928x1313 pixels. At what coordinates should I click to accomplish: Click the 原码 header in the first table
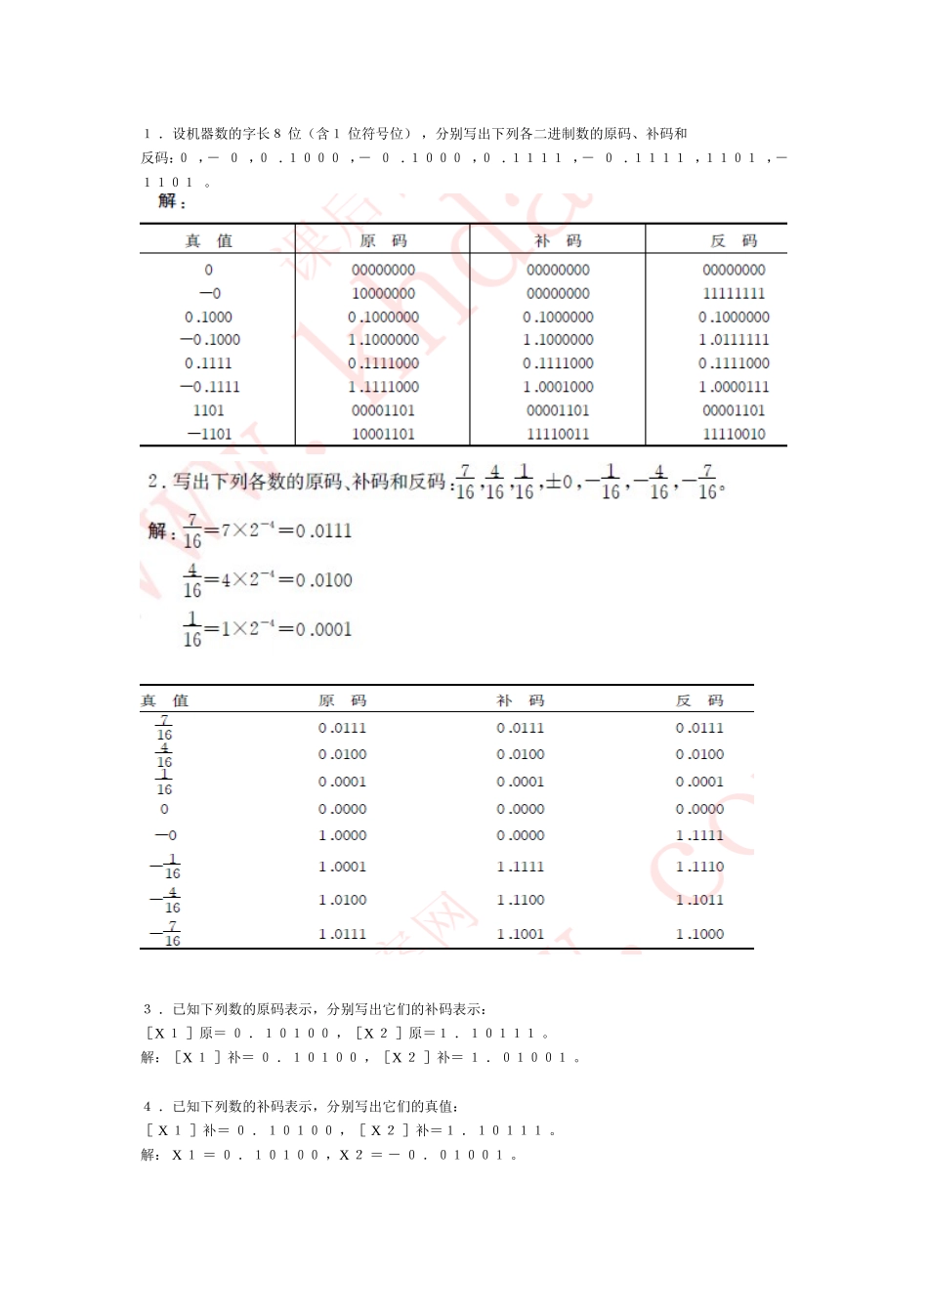[x=383, y=240]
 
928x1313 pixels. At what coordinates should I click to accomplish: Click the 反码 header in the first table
[x=733, y=240]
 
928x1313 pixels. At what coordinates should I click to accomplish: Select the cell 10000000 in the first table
[x=383, y=293]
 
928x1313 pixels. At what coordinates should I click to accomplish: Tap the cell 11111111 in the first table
[x=734, y=293]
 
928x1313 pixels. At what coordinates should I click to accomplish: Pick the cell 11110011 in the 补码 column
[x=558, y=434]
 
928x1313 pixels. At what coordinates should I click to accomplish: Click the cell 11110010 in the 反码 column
[x=734, y=434]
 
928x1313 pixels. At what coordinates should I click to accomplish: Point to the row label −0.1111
[x=209, y=387]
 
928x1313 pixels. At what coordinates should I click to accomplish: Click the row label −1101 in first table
[x=209, y=434]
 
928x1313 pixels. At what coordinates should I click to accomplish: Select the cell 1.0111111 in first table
[x=734, y=340]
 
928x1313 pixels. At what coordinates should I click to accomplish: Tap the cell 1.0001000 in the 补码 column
[x=558, y=387]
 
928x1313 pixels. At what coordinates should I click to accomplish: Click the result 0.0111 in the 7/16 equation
[x=323, y=530]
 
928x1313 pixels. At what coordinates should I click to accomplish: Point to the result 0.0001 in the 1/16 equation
[x=323, y=629]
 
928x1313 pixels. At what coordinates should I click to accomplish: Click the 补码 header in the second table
[x=520, y=700]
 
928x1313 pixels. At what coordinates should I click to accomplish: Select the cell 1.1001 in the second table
[x=520, y=934]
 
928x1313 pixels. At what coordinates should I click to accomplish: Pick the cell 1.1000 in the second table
[x=699, y=934]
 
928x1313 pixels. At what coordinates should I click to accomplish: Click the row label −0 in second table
[x=165, y=835]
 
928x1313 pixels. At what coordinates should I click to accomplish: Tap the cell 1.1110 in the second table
[x=699, y=867]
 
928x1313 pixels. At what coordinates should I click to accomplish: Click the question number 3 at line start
[x=148, y=1009]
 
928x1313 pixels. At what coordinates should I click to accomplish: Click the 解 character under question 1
[x=167, y=201]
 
